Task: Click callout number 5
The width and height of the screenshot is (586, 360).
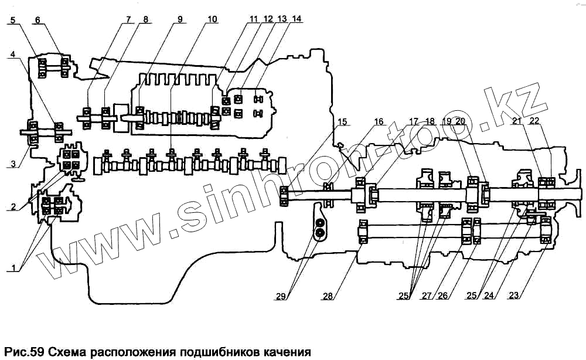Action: [13, 19]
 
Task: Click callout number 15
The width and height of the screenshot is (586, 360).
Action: [342, 122]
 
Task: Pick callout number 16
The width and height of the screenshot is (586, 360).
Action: [379, 122]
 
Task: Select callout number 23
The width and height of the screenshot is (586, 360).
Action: [515, 296]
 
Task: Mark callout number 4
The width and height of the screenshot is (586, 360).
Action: [13, 54]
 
